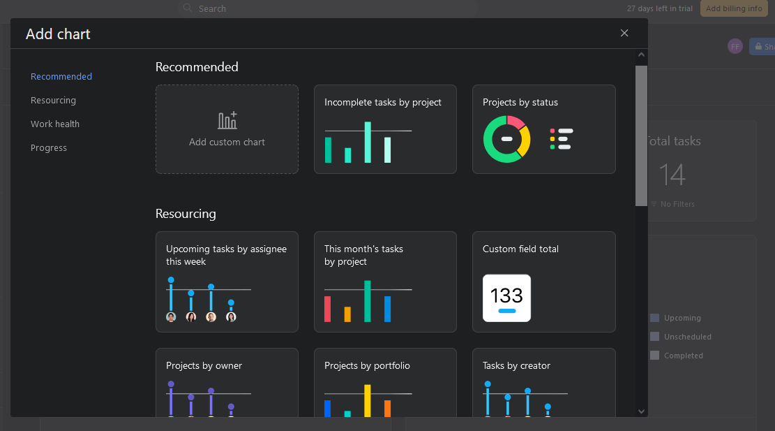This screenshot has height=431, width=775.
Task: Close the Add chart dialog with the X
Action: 624,33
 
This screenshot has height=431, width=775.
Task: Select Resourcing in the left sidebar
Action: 53,101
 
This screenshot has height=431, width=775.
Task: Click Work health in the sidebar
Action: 55,124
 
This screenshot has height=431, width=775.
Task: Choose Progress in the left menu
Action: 49,148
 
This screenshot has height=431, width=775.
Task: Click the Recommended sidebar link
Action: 61,77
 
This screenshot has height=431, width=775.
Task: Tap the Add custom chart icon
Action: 227,121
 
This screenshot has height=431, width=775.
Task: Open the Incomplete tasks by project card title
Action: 383,103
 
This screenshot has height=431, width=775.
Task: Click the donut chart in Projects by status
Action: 507,139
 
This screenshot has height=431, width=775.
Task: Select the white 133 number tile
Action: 506,298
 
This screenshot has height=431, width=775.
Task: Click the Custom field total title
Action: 520,249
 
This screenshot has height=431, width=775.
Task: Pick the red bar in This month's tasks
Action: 327,309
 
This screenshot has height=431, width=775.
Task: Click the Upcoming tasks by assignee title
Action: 226,255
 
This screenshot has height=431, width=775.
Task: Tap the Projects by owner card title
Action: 204,366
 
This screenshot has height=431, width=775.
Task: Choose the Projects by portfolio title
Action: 367,366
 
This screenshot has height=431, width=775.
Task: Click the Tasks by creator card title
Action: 516,366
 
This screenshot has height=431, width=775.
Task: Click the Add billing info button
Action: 734,8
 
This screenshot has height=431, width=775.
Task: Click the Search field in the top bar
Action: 328,8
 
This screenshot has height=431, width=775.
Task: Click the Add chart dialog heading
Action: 58,34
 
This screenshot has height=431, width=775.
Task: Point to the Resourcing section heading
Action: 186,214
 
